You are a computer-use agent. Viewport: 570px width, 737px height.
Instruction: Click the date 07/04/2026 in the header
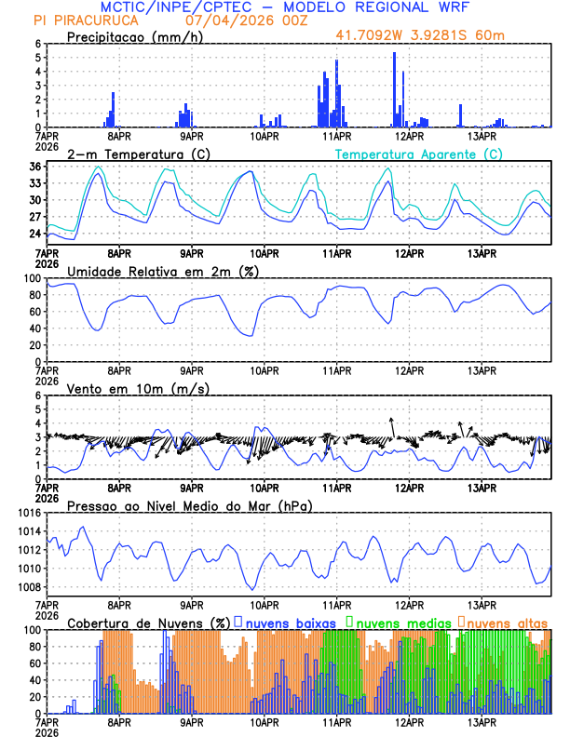point(232,20)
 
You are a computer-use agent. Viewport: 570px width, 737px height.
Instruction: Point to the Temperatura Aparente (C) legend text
point(419,154)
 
